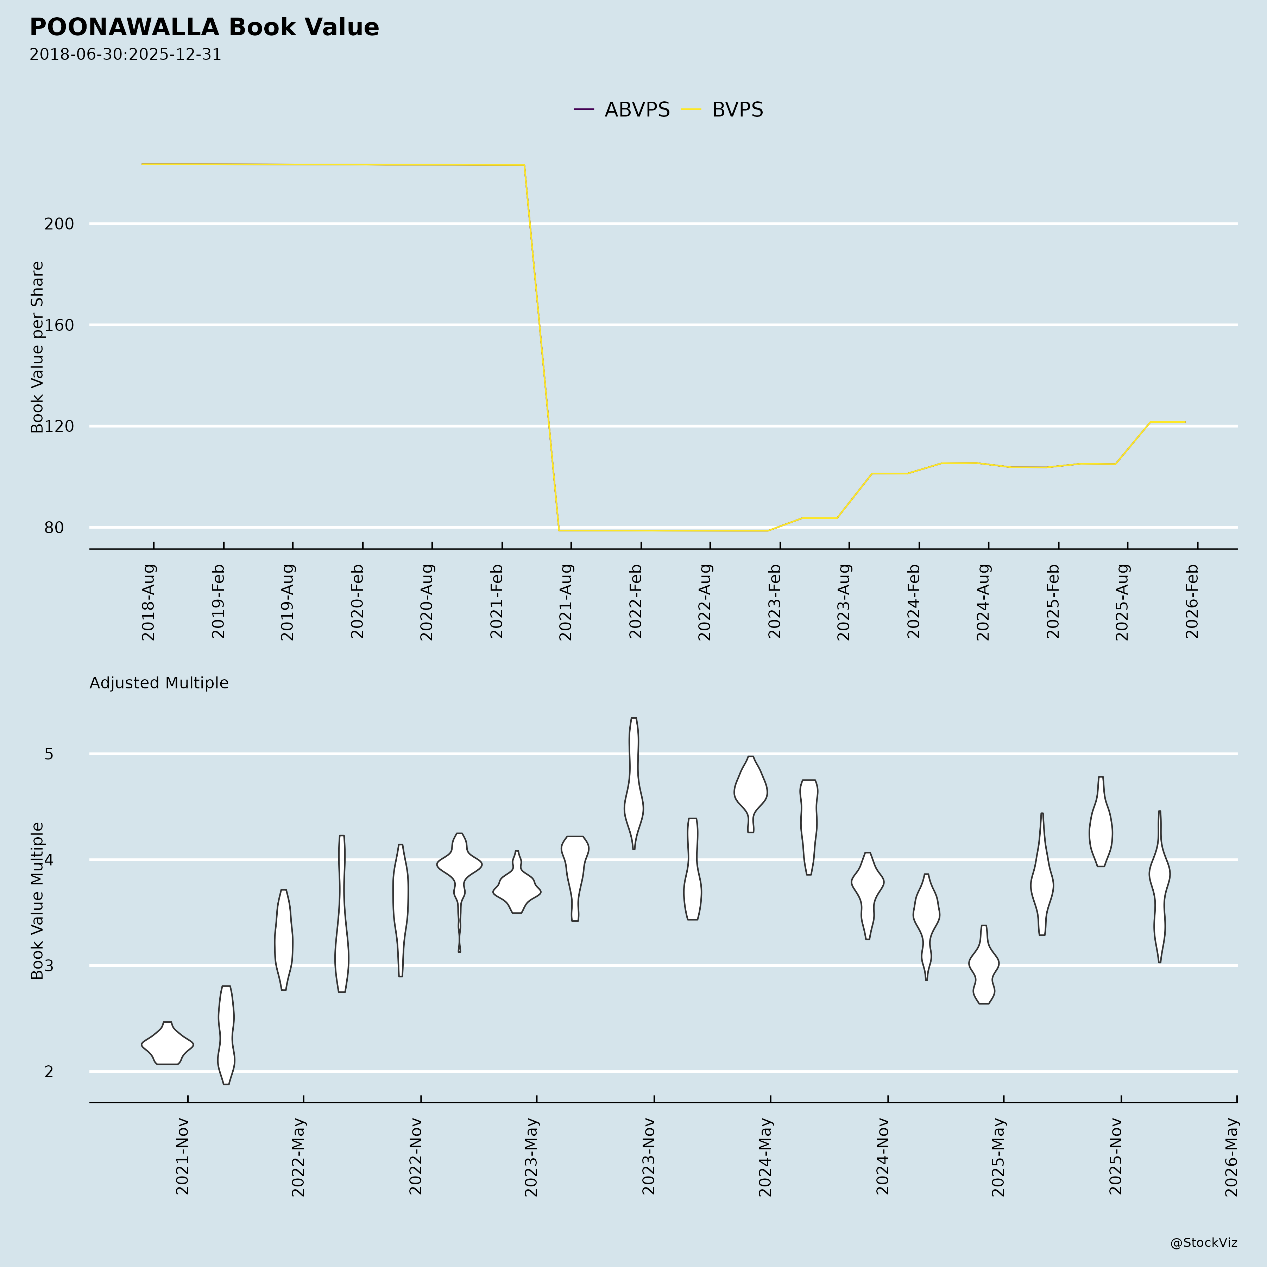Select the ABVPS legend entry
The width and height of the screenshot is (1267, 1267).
(622, 109)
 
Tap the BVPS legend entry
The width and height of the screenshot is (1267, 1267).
(723, 109)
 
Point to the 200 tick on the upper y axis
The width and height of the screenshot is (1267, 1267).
(59, 223)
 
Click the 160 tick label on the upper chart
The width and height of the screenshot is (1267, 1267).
(59, 324)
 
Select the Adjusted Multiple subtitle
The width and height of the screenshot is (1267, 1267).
(159, 683)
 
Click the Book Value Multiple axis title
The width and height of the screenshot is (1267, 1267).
(37, 900)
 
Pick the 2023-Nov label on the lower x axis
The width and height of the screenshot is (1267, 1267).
(649, 1156)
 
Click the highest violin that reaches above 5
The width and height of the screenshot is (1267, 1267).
(633, 784)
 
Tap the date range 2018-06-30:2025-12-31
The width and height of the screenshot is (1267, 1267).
(125, 55)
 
